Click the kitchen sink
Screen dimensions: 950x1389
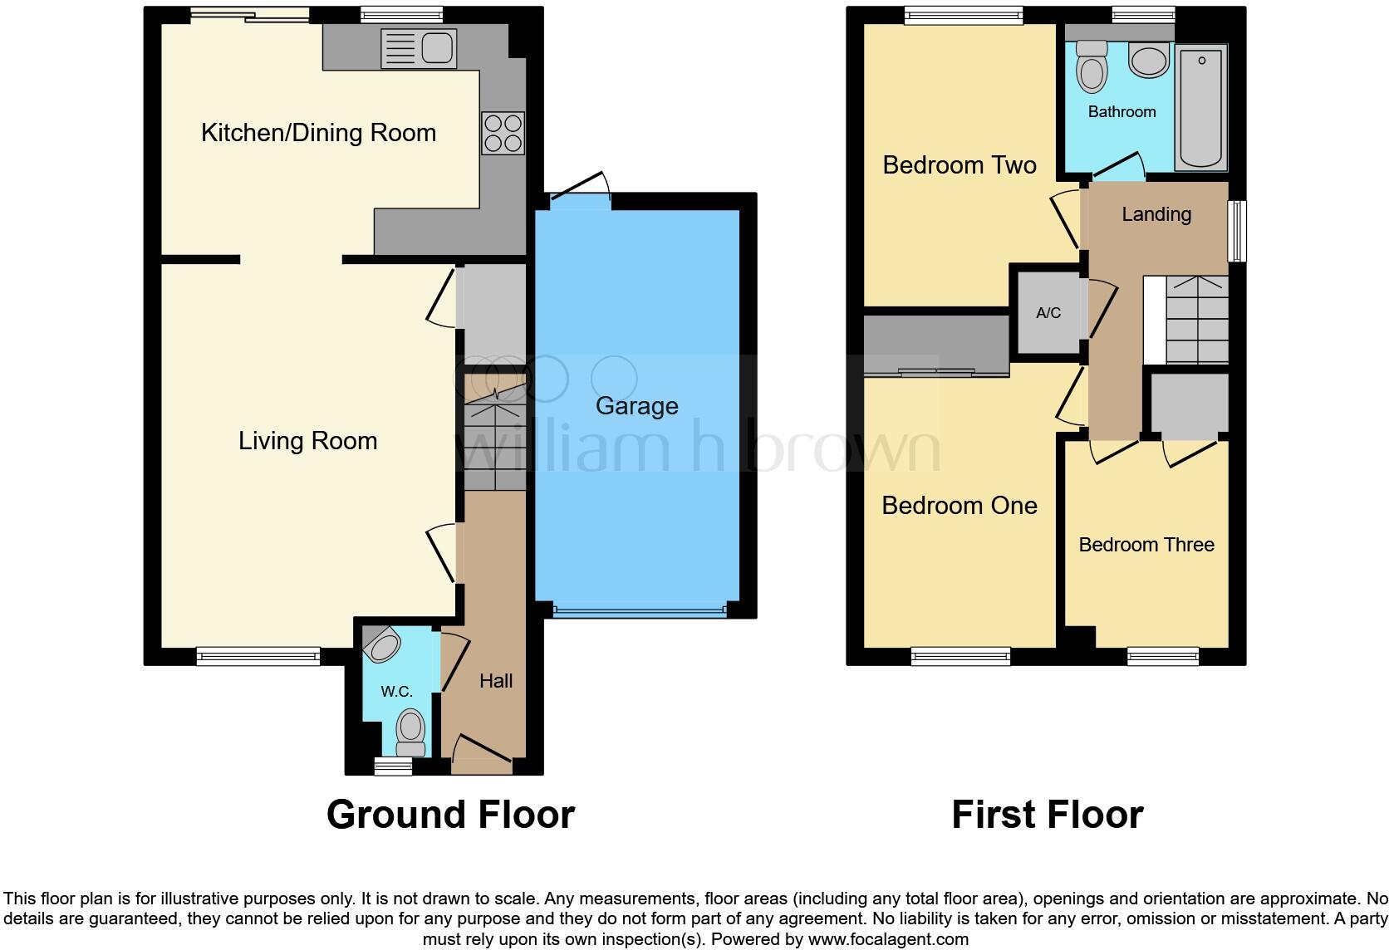coord(418,48)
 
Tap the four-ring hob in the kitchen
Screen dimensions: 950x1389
coord(503,133)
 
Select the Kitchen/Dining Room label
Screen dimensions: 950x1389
coord(318,133)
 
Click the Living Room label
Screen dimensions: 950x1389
coord(307,441)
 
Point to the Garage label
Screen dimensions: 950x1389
coord(637,406)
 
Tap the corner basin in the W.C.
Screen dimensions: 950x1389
coord(382,644)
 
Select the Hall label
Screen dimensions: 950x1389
coord(496,681)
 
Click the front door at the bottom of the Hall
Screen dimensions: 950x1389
coord(482,752)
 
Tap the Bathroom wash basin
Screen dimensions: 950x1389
coord(1149,61)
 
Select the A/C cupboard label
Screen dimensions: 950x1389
coord(1048,313)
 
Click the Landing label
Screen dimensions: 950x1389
coord(1156,214)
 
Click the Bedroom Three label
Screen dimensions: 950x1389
coord(1146,545)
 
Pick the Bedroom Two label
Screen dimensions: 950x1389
coord(960,165)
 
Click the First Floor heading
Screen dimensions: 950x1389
coord(1047,815)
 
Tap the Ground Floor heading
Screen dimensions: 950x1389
coord(450,815)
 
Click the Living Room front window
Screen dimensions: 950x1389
coord(258,657)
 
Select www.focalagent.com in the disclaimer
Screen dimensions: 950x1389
coord(887,940)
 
